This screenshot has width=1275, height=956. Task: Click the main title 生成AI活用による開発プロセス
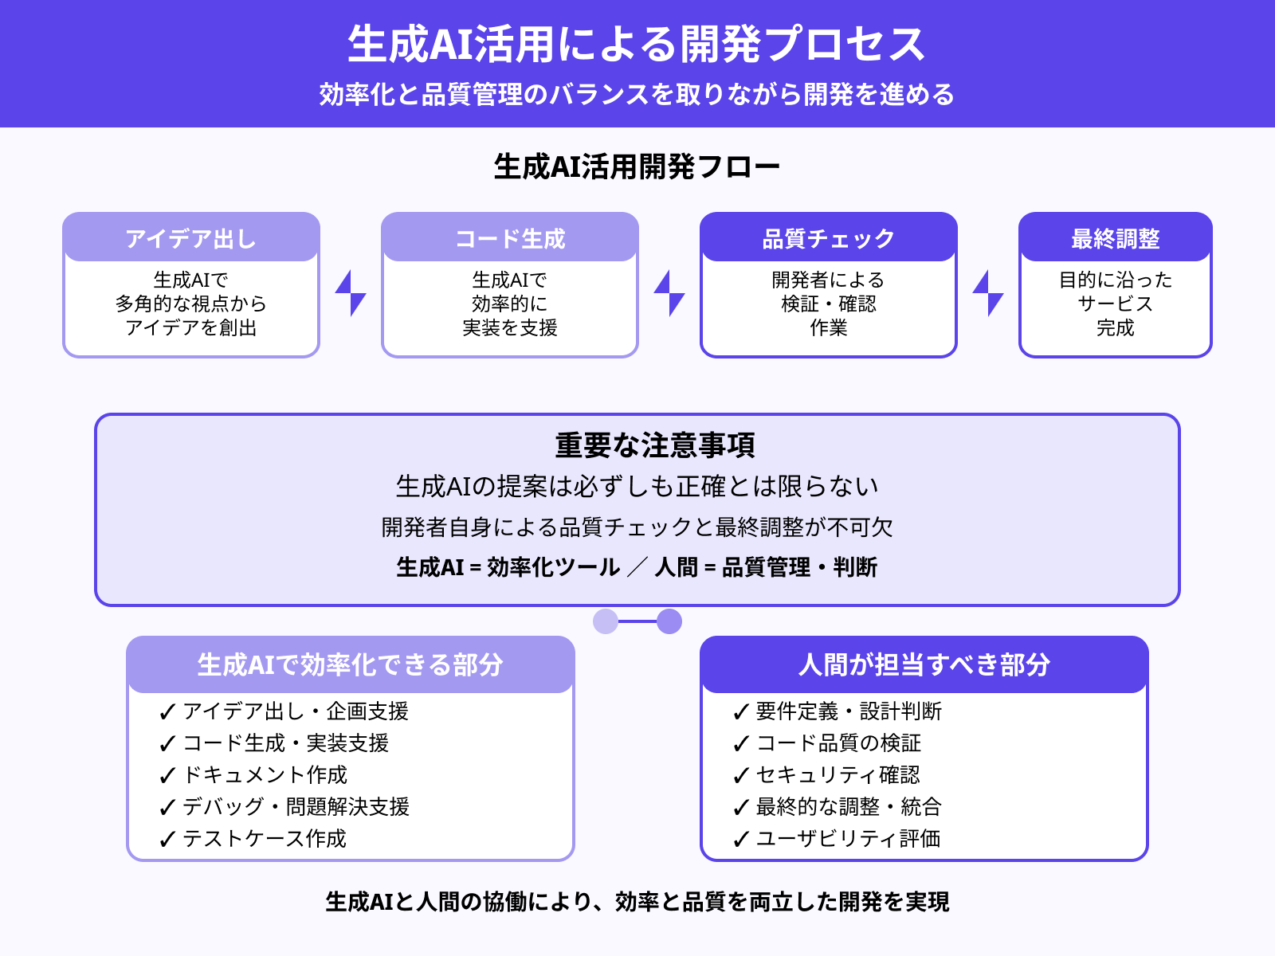[637, 44]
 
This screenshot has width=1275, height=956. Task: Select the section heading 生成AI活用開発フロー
[637, 167]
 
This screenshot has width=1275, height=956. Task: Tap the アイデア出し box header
[191, 238]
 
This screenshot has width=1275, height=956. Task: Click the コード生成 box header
[510, 238]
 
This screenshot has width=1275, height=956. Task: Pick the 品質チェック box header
[829, 238]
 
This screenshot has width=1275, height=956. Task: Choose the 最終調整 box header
[1116, 238]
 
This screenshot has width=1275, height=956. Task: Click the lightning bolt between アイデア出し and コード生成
[351, 293]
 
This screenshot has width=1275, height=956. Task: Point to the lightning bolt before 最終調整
[988, 293]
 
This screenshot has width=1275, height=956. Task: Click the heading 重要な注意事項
[654, 445]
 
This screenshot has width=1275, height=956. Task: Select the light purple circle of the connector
[606, 621]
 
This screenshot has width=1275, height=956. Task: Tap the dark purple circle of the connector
[669, 621]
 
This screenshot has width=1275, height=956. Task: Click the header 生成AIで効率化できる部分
[351, 664]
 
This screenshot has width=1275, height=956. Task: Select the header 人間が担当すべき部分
[924, 664]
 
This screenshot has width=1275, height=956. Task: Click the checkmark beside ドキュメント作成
[167, 775]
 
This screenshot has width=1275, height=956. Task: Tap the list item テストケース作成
[265, 838]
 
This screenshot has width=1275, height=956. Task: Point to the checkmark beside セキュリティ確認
[740, 775]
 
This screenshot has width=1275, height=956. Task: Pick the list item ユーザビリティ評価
[848, 838]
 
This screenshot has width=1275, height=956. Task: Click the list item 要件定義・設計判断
[849, 711]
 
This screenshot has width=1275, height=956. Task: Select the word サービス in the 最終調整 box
[1115, 304]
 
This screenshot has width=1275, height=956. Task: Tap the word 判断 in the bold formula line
[855, 567]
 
